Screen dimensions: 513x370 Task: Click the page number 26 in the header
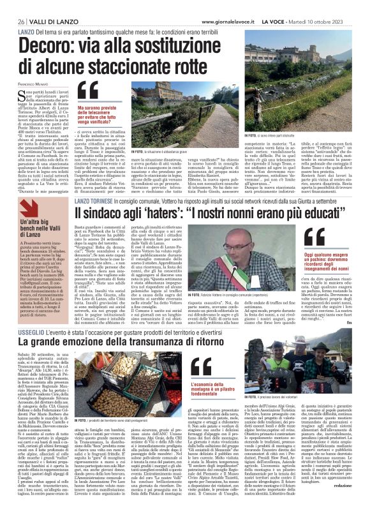[13, 21]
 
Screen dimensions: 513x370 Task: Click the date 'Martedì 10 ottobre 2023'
[336, 20]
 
